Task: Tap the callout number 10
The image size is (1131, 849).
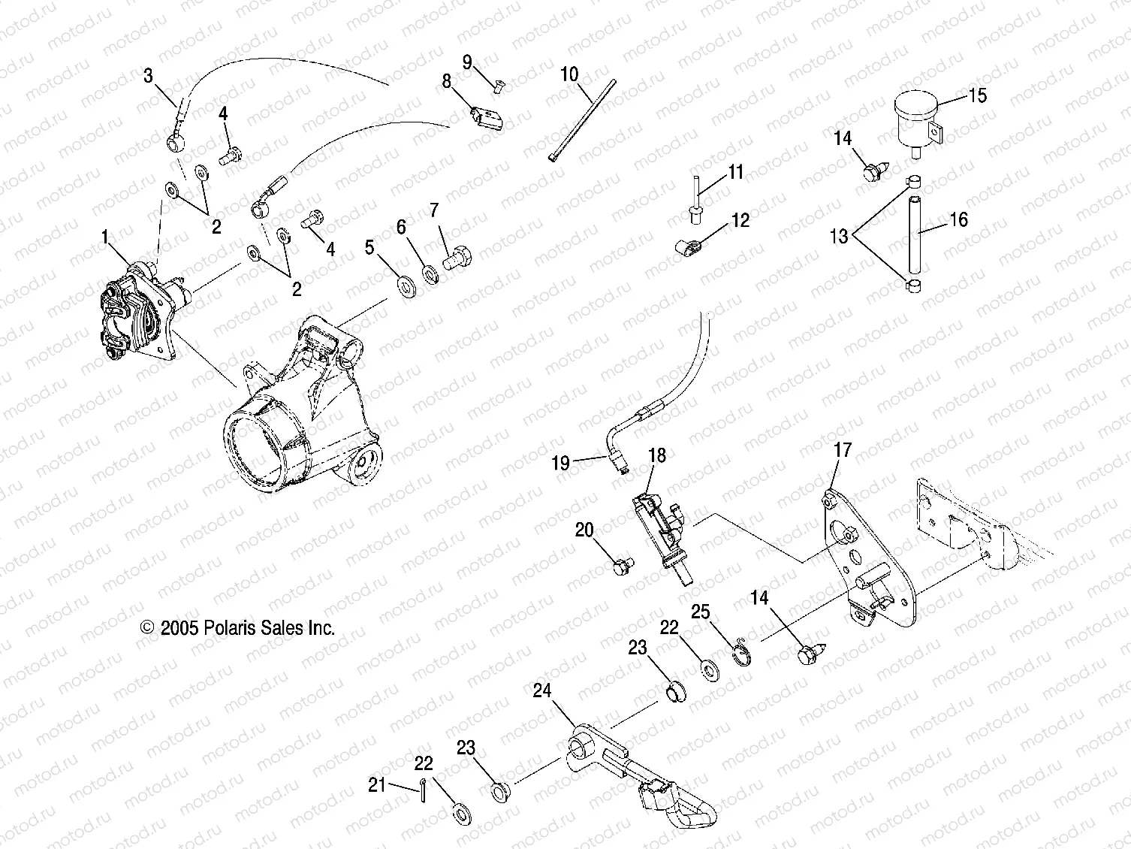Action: (569, 74)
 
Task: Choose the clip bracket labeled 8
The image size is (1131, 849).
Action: (487, 117)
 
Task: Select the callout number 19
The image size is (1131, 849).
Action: (561, 463)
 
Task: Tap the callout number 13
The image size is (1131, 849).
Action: (838, 236)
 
